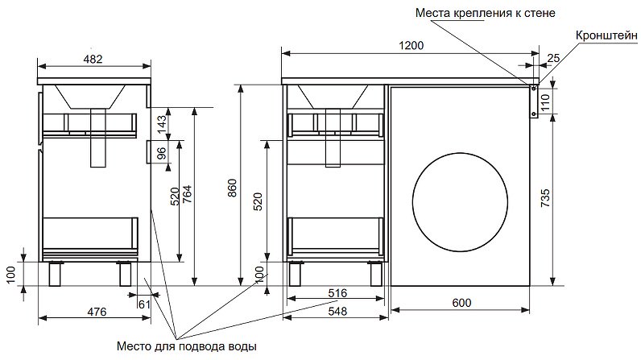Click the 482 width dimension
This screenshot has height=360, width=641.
(x=94, y=59)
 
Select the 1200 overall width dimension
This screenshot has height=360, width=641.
(x=411, y=46)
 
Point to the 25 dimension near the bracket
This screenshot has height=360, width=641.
(x=552, y=58)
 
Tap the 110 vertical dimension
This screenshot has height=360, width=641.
(x=544, y=101)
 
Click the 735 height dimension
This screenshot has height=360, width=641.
(x=544, y=198)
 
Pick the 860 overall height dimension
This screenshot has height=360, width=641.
(x=232, y=188)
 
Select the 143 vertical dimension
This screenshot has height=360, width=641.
(x=161, y=124)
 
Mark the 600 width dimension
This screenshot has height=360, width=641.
(x=460, y=303)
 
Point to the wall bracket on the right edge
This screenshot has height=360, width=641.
(x=533, y=101)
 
